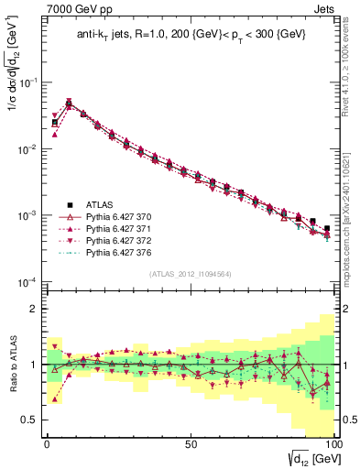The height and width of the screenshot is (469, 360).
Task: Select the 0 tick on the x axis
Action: tap(46, 442)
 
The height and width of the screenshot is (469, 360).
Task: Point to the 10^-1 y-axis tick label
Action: tap(27, 82)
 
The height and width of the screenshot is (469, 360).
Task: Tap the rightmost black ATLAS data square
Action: tap(327, 228)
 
